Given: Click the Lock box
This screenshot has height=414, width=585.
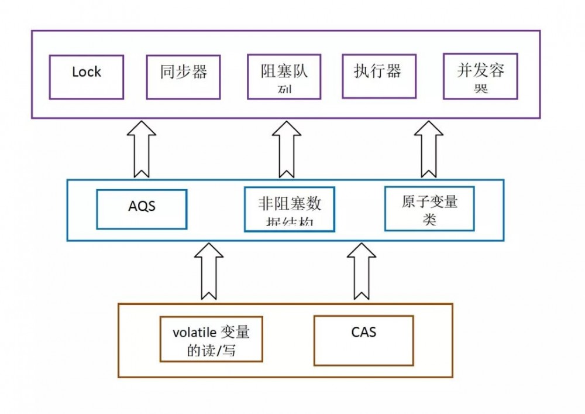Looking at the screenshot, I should point(86,77).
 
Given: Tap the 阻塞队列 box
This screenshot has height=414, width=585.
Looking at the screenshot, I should point(284,77).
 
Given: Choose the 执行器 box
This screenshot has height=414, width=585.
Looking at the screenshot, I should point(377,76).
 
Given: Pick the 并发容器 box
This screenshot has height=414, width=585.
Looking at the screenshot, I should point(480,77).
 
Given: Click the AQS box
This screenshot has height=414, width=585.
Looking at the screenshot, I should point(142,208).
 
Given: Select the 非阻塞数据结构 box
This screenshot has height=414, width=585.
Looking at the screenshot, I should point(289,209).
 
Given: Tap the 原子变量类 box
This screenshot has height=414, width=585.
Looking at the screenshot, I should point(429,208).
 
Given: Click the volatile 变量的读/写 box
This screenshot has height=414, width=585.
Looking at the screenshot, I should point(211,339).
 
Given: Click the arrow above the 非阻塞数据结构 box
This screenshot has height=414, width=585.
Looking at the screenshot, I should point(287,149).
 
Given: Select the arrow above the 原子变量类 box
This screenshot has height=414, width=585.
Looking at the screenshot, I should point(429,149).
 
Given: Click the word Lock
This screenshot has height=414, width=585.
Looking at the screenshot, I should point(86,72).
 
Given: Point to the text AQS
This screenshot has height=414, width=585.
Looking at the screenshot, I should point(142,207).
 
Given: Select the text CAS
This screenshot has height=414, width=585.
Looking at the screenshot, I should point(363,332).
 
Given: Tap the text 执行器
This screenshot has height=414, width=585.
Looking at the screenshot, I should point(377,71).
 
